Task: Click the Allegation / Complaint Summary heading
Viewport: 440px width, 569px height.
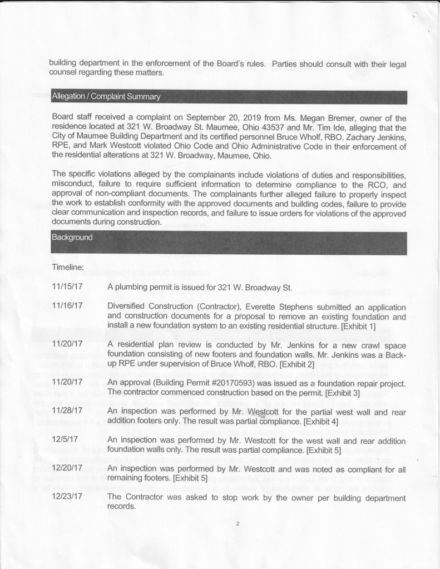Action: tap(106, 97)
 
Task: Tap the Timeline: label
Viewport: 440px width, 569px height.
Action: tap(67, 268)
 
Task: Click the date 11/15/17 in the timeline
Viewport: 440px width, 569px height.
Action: tap(67, 288)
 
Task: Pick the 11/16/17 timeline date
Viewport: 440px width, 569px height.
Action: tap(67, 305)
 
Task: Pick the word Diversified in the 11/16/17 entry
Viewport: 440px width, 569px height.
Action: tap(128, 305)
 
